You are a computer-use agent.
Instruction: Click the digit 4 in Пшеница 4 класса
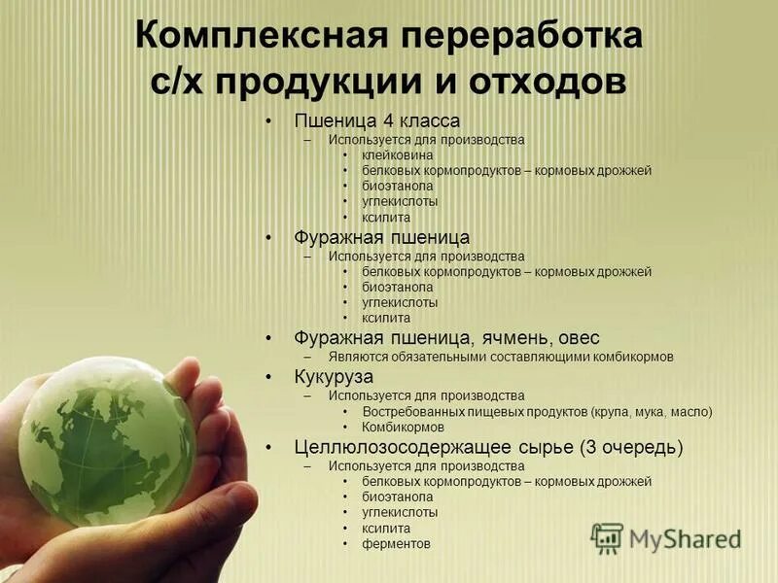(x=376, y=121)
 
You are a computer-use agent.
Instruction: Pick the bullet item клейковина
(x=398, y=154)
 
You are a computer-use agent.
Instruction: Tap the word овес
(x=580, y=338)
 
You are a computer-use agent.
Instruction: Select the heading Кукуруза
(x=334, y=376)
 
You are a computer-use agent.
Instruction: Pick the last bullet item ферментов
(x=396, y=544)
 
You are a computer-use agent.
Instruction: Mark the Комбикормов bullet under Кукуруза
(x=403, y=427)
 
